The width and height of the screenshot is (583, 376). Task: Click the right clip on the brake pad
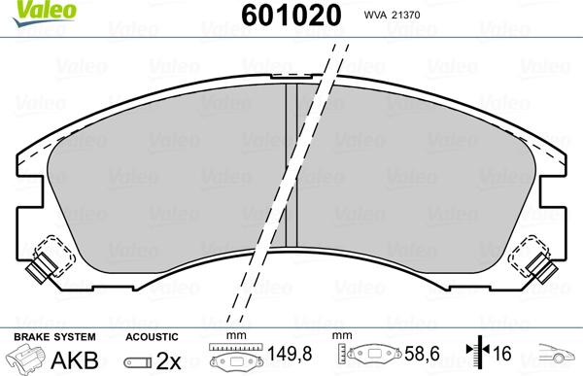pos(533,259)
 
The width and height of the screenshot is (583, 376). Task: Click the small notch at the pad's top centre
pos(291,76)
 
